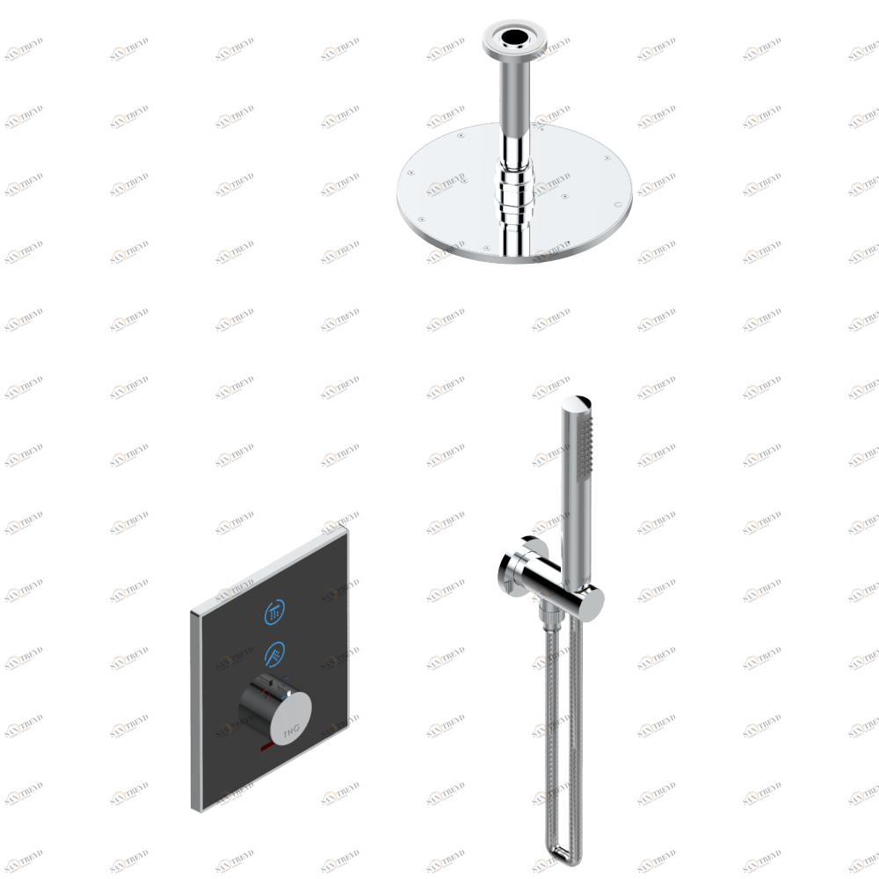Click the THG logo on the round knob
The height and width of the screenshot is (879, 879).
(291, 730)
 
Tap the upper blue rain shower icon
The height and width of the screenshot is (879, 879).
(274, 611)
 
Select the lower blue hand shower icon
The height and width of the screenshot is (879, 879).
(274, 653)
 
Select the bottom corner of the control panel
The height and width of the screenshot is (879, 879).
(195, 809)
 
